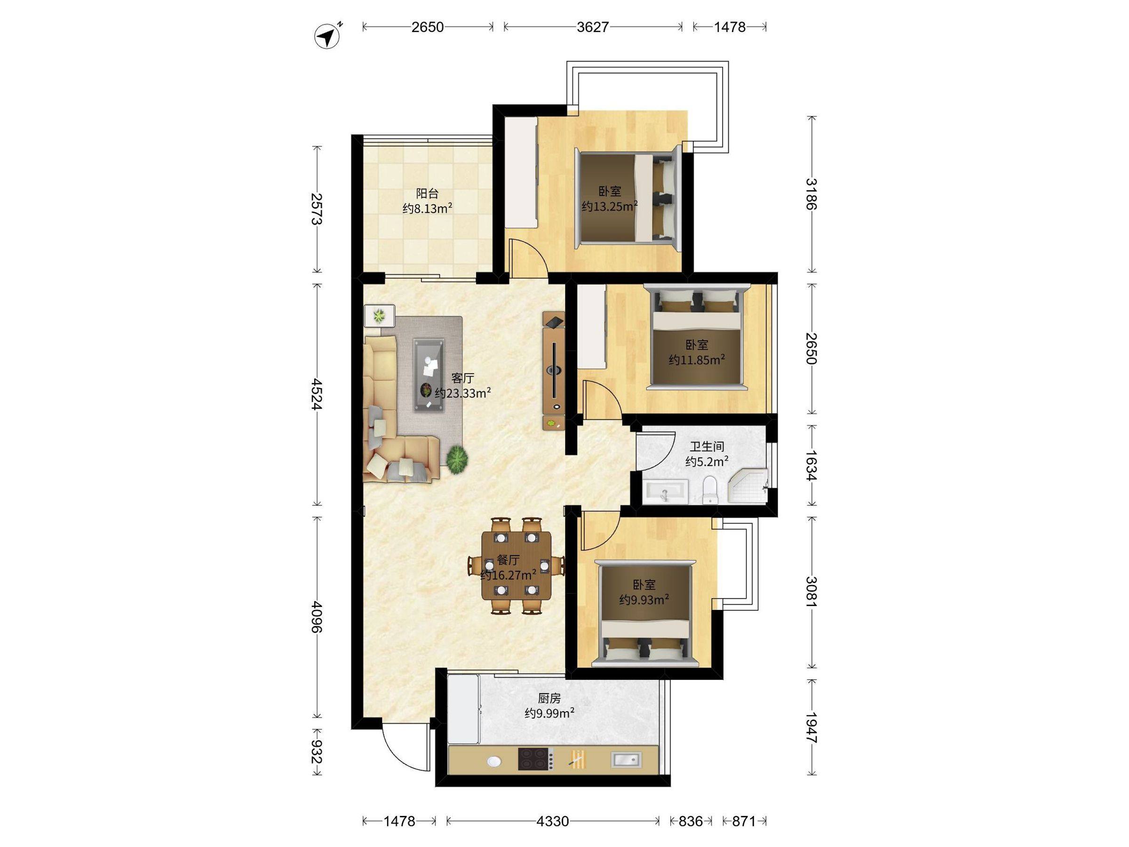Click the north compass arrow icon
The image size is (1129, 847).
[327, 36]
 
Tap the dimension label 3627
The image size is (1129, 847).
[593, 27]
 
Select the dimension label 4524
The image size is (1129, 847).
[317, 394]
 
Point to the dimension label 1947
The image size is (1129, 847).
[811, 727]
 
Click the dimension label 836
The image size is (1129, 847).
[691, 821]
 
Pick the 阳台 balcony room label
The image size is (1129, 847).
[427, 193]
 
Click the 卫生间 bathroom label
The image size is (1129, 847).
[707, 447]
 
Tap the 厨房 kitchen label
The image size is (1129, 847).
[549, 698]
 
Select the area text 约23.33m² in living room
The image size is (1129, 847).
[463, 393]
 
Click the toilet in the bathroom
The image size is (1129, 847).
[709, 490]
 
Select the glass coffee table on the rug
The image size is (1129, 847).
[428, 374]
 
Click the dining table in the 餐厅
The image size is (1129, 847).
[517, 566]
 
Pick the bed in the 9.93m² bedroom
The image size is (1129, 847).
[645, 613]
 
